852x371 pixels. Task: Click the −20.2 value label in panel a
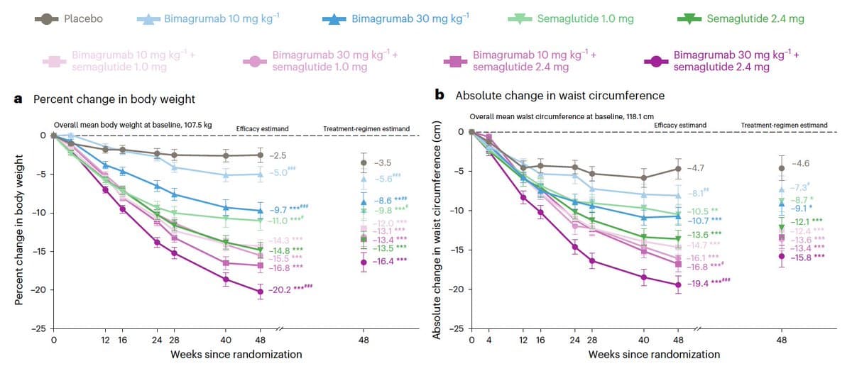(x=280, y=290)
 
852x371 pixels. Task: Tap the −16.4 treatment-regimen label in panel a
(x=390, y=262)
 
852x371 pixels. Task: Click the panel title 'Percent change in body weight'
(x=114, y=99)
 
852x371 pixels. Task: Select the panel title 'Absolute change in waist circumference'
(x=550, y=95)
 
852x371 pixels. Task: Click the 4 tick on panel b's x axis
(x=489, y=340)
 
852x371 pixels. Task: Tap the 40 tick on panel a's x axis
(x=226, y=340)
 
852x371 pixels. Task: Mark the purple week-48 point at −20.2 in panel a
(x=261, y=291)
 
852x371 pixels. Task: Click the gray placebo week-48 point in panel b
(x=678, y=169)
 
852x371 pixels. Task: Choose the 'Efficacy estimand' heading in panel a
(x=262, y=128)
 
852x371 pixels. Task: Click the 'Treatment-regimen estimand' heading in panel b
(x=784, y=125)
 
